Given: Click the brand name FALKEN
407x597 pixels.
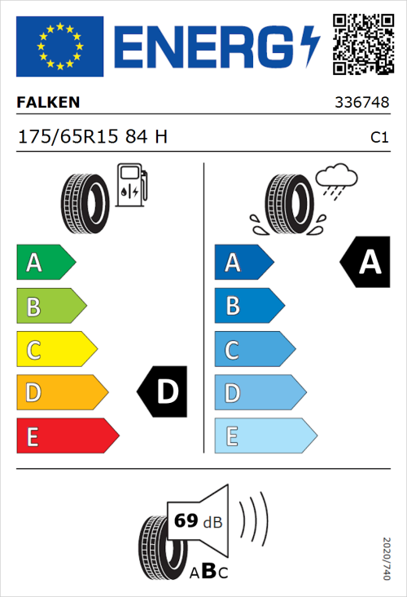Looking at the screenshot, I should coord(49,103).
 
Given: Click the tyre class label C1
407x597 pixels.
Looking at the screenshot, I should coord(379,138).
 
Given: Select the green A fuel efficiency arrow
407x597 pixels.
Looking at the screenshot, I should coord(45,263).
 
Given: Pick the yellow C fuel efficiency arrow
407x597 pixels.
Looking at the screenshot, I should coord(55,349).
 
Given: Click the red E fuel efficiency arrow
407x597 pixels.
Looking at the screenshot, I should coord(67,436).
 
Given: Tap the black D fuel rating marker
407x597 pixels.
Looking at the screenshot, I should coord(164,392).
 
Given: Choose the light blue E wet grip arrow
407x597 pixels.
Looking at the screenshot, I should coord(264,436).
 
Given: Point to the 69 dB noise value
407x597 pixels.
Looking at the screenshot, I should coord(196,520).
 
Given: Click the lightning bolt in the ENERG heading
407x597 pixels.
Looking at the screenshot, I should coord(311,46).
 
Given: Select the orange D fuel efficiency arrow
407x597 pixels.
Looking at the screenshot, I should coord(61,393).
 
